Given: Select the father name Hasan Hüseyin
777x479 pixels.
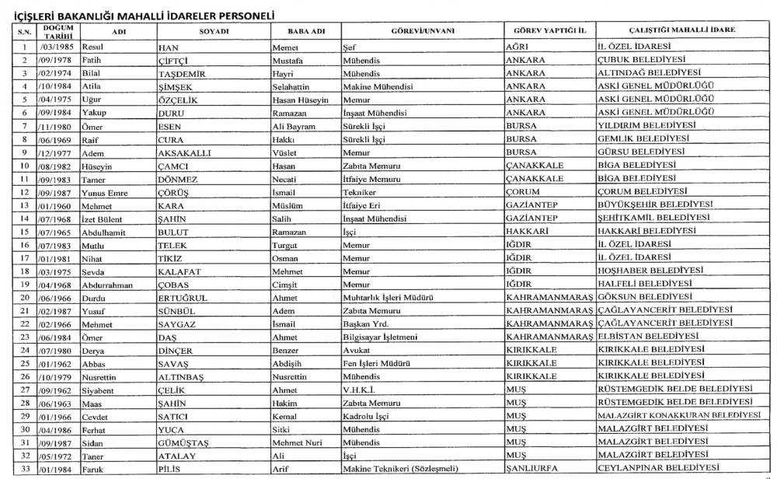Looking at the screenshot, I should pos(301,100).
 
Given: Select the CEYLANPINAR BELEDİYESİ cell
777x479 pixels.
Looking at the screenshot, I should pos(657,467).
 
